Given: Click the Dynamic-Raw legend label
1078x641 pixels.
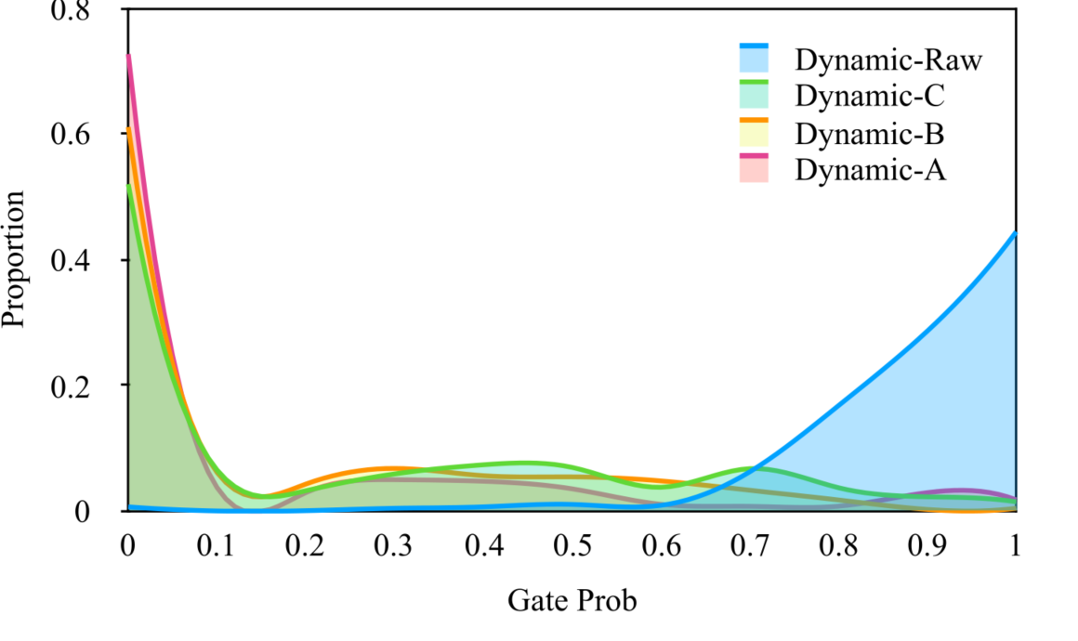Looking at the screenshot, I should [x=888, y=60].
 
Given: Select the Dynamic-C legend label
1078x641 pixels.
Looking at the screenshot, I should [x=870, y=97].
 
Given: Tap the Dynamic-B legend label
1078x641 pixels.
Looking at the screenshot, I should [x=870, y=134].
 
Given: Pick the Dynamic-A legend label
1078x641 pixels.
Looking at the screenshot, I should [x=870, y=170].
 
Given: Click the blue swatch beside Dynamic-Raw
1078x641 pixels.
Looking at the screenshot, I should [x=755, y=59].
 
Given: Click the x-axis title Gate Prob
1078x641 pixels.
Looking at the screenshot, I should [x=572, y=601].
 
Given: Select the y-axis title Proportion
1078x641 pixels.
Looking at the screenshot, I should [x=14, y=259].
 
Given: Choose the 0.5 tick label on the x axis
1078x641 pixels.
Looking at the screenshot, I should [x=572, y=544].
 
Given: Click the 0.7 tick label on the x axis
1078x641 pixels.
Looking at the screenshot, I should [x=749, y=544].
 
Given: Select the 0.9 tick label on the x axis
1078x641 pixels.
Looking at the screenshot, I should [x=927, y=544].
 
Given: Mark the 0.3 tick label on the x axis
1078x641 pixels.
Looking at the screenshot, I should [x=394, y=544].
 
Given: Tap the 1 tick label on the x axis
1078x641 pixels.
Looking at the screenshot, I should [x=1015, y=544].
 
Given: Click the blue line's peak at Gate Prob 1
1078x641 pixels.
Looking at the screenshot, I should [x=1014, y=233].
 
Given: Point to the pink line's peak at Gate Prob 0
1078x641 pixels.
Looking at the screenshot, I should [x=128, y=56].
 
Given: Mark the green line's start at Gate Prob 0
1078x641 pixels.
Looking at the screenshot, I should [x=128, y=186].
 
